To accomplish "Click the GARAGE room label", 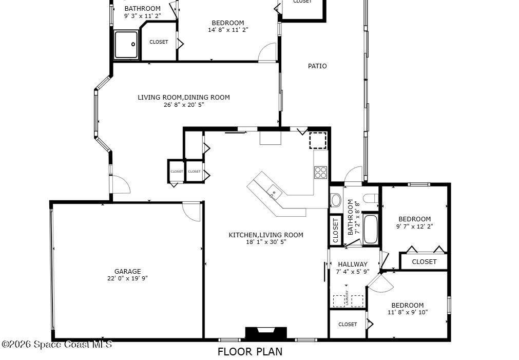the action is pyautogui.click(x=127, y=271).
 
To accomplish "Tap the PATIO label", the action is pyautogui.click(x=317, y=66).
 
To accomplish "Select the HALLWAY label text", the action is pyautogui.click(x=353, y=264).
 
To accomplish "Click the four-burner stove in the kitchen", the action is pyautogui.click(x=320, y=173).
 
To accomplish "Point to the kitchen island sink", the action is pyautogui.click(x=274, y=191).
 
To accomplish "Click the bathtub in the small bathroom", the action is pyautogui.click(x=371, y=229).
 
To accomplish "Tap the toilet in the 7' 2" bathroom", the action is pyautogui.click(x=371, y=198).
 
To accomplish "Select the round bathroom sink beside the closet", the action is pyautogui.click(x=336, y=200).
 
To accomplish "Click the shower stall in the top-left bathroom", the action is pyautogui.click(x=126, y=45).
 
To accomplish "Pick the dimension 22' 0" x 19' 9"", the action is pyautogui.click(x=127, y=278).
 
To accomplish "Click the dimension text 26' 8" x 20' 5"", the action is pyautogui.click(x=184, y=105).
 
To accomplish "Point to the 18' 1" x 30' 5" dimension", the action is pyautogui.click(x=266, y=242).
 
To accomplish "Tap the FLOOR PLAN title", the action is pyautogui.click(x=250, y=352).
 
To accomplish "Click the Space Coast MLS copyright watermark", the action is pyautogui.click(x=57, y=345).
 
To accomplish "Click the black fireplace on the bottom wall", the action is pyautogui.click(x=266, y=333).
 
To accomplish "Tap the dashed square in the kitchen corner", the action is pyautogui.click(x=318, y=140).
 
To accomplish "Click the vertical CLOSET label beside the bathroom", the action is pyautogui.click(x=336, y=231).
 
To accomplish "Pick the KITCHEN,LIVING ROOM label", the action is pyautogui.click(x=266, y=235).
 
